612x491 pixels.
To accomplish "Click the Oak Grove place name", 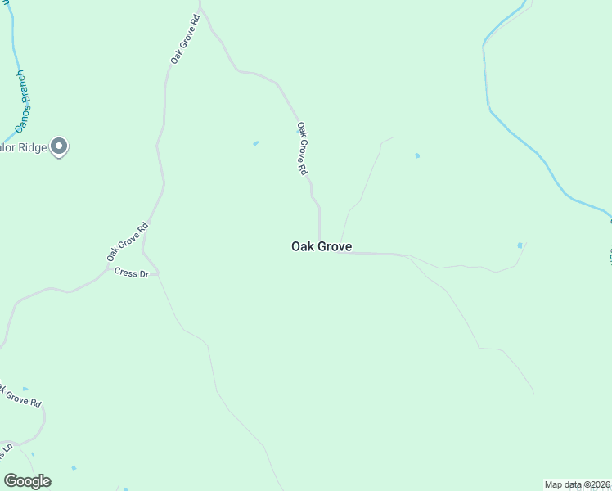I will point(322,245).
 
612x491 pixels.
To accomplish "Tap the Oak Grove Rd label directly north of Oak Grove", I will point(302,149).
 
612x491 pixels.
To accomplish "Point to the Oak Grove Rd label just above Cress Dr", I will point(128,241).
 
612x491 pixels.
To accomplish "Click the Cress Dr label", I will point(131,273).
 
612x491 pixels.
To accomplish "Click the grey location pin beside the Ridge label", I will point(59,146).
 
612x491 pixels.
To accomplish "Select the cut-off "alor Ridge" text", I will point(22,147).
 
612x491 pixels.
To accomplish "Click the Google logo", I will point(27,481).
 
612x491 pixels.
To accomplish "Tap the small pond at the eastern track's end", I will point(520,245).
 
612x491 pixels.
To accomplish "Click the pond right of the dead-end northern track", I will point(417,155).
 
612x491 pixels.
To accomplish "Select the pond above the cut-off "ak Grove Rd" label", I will point(25,389).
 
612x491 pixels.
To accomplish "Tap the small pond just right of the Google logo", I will point(74,467).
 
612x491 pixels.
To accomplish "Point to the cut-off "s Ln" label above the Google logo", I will point(7,449).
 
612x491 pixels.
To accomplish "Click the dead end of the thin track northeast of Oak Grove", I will point(392,138).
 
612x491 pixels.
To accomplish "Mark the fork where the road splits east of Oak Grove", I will point(406,255).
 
